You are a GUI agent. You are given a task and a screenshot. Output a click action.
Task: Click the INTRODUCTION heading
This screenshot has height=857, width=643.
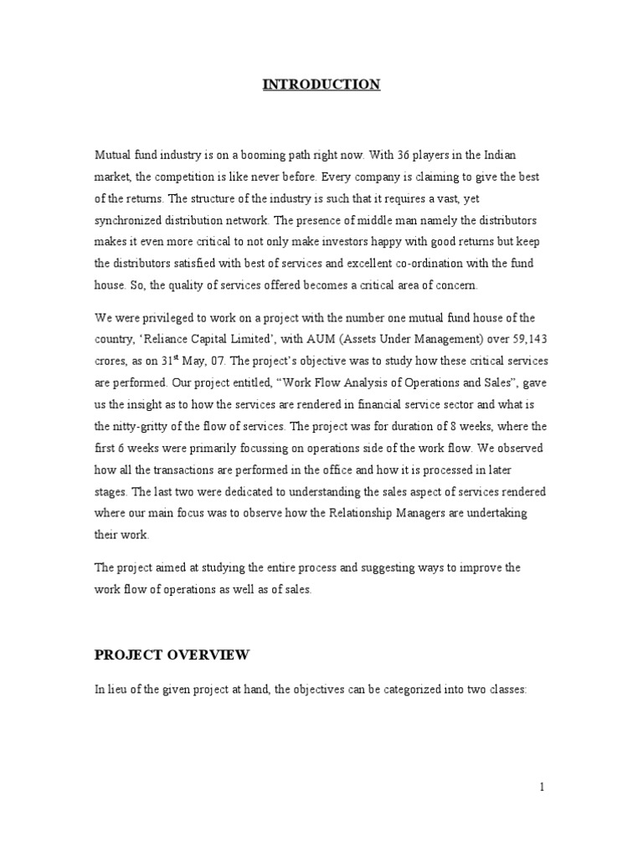321,84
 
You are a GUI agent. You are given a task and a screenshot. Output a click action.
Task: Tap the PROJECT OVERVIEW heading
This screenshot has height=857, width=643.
171,654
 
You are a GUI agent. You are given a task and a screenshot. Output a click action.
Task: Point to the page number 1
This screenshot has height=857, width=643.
543,787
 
